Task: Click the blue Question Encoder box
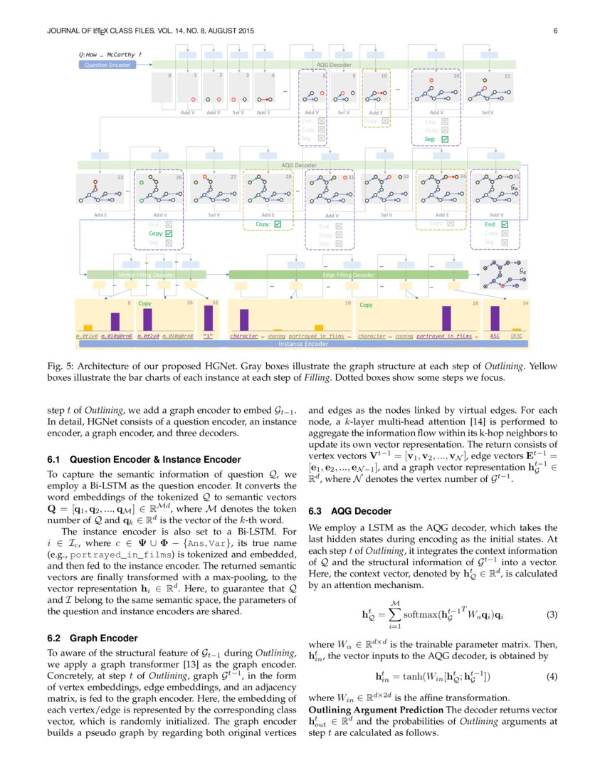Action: pos(106,65)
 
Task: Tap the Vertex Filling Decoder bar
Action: pos(146,274)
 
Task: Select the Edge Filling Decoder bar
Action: pos(348,274)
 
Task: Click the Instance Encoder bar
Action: pos(304,344)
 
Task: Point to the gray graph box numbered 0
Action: pos(163,87)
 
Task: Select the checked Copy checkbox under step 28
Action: pos(278,224)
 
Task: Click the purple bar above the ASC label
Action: pos(495,318)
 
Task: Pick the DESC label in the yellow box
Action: pos(517,335)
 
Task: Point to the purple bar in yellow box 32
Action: pos(209,317)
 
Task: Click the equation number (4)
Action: pos(552,676)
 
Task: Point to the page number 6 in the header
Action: pos(554,31)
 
